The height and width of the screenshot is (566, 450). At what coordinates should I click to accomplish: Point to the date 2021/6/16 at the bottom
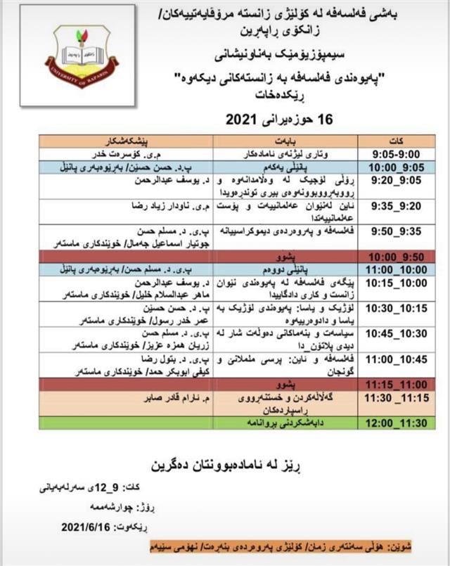[91, 526]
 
